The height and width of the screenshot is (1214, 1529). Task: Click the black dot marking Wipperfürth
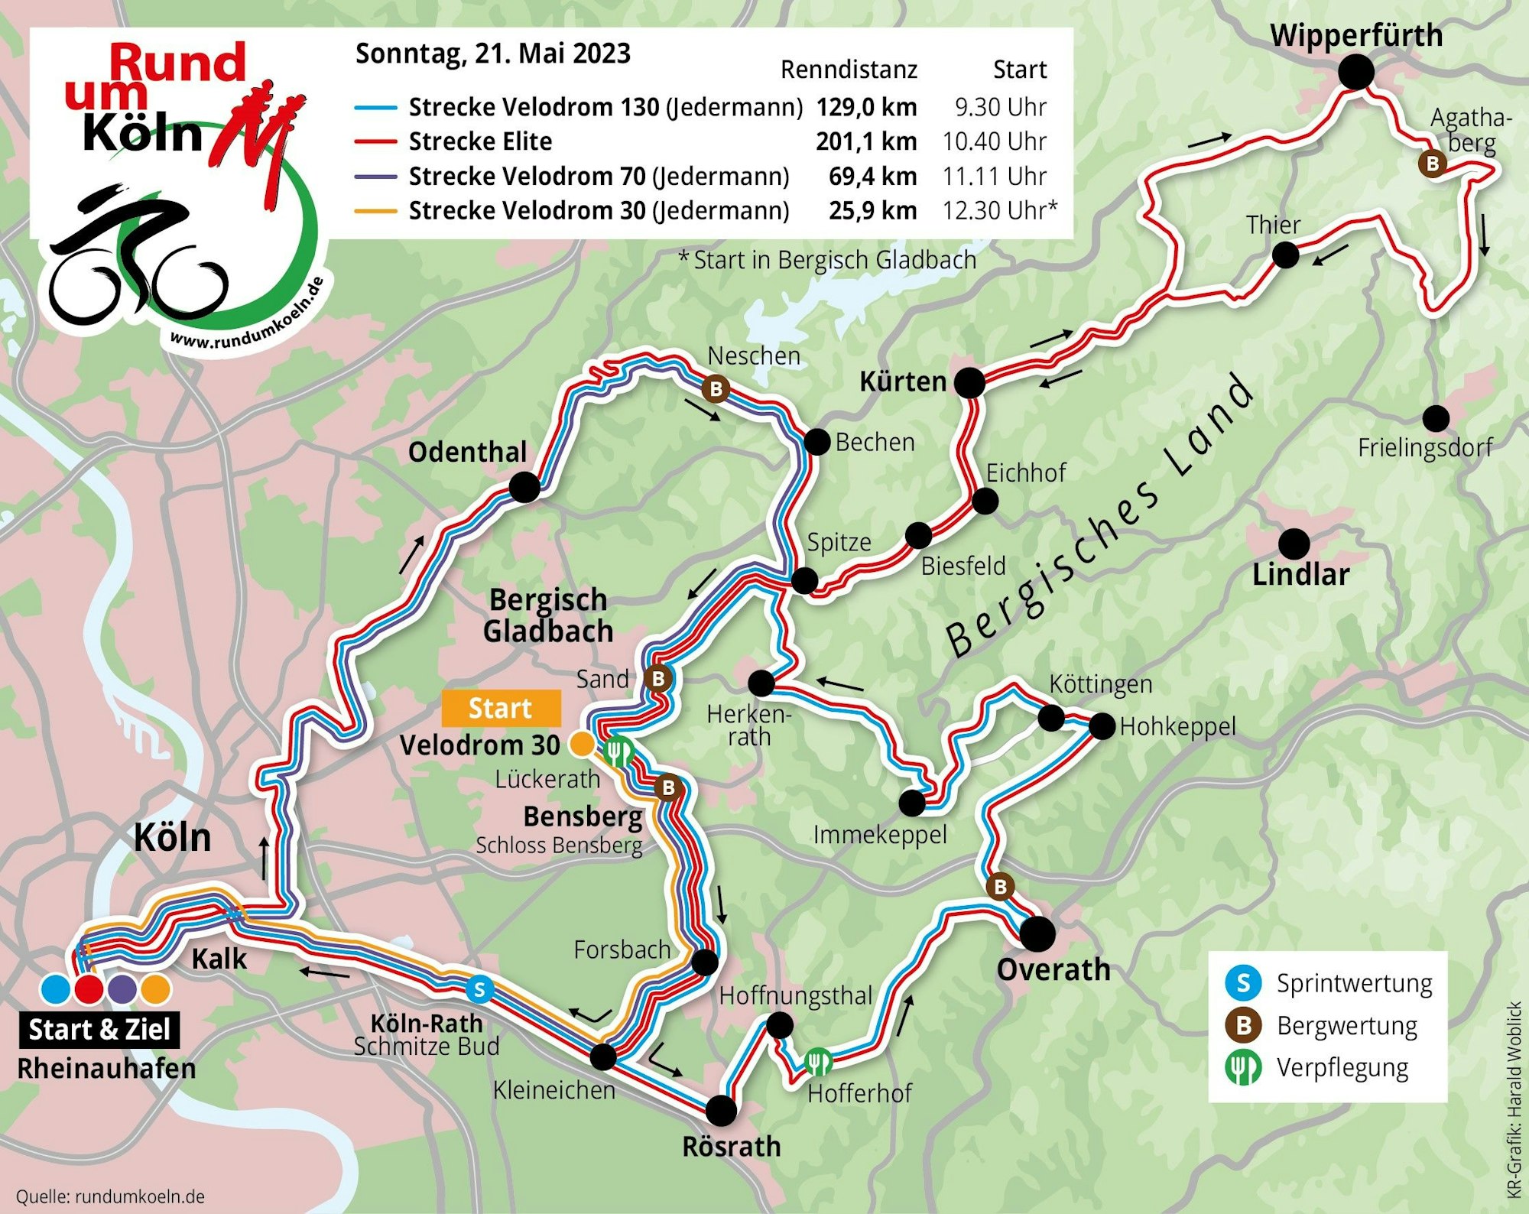click(x=1355, y=73)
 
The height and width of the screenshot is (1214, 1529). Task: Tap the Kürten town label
click(x=903, y=381)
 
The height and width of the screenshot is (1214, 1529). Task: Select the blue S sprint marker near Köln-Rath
click(x=479, y=989)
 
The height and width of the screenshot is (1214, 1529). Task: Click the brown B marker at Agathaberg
click(x=1432, y=163)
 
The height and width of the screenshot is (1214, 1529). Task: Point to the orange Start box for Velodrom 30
click(x=501, y=708)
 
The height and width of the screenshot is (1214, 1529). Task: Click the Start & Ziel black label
click(x=99, y=1030)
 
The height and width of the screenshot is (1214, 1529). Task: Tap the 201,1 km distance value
click(x=865, y=141)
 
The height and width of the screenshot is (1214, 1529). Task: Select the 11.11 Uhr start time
click(x=994, y=177)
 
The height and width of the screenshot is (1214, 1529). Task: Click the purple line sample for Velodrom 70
click(x=375, y=177)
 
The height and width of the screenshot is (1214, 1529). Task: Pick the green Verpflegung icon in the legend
click(x=1243, y=1068)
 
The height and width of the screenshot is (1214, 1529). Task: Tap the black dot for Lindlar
click(x=1294, y=544)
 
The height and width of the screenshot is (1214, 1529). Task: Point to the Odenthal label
click(x=467, y=452)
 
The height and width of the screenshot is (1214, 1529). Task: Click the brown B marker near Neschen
click(x=716, y=388)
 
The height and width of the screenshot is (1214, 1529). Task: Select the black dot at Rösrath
click(x=720, y=1110)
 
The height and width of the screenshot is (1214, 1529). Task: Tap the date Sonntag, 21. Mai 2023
click(x=493, y=54)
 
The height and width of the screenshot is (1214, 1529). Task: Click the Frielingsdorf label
click(x=1424, y=447)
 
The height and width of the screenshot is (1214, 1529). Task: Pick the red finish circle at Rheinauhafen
click(x=89, y=988)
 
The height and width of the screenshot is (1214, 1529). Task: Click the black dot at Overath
click(x=1037, y=933)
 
